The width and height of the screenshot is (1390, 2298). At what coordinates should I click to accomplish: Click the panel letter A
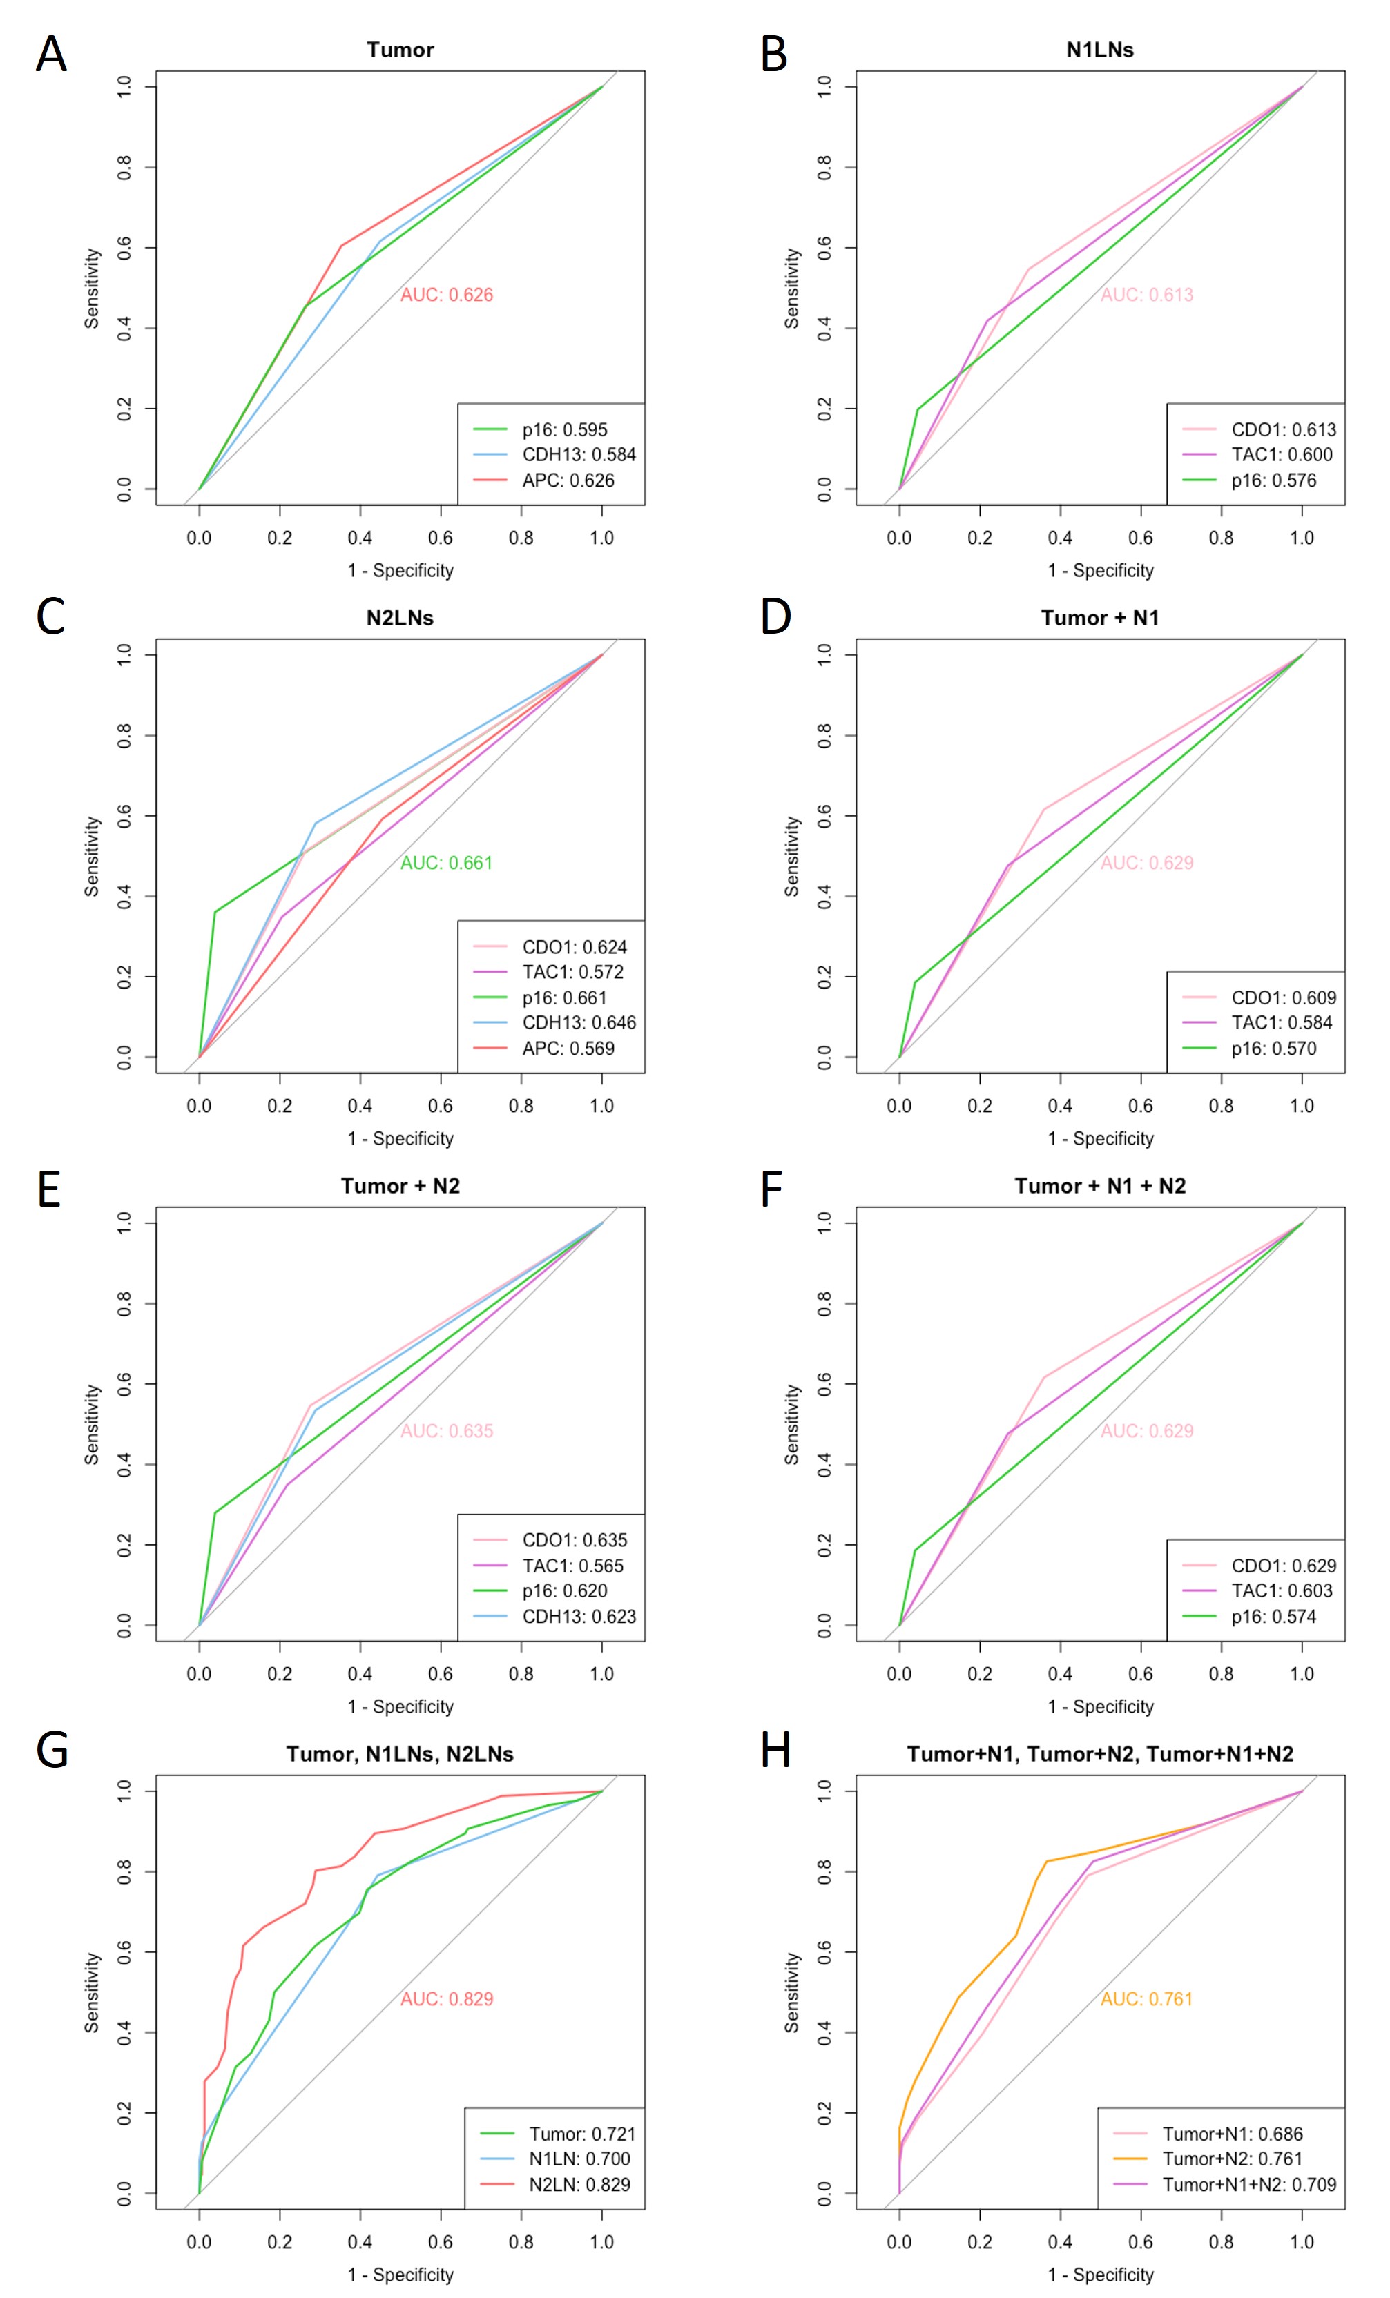[x=51, y=54]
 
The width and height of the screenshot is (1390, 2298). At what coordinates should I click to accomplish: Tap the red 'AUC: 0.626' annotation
[x=446, y=295]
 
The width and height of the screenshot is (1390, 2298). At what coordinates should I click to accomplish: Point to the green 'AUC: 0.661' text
[x=446, y=863]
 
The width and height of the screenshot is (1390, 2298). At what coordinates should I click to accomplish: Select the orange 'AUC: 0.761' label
[x=1146, y=1998]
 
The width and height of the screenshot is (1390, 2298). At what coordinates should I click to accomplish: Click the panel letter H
[x=775, y=1750]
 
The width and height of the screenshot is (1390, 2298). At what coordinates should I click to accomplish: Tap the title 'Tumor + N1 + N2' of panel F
[x=1100, y=1185]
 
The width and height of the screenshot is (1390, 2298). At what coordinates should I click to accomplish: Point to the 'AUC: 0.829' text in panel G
[x=446, y=1998]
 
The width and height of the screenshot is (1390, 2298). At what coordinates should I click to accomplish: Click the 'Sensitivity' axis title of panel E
[x=91, y=1424]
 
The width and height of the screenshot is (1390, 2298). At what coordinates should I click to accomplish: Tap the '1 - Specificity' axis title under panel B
[x=1100, y=569]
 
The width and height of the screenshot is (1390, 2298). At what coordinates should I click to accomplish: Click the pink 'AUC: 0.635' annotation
[x=446, y=1431]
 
